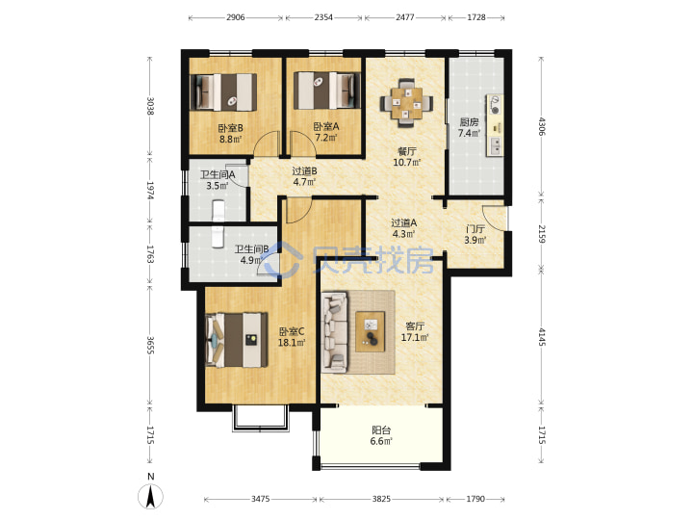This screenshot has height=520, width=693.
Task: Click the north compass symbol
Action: (151, 496)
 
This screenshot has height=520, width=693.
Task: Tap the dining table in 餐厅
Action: (407, 103)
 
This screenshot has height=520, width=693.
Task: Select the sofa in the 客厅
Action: (335, 331)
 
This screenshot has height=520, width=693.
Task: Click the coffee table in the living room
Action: (371, 331)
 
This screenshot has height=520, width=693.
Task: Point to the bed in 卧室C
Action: (237, 340)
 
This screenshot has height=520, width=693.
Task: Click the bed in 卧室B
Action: (223, 92)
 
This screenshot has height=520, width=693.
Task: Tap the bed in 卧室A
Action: (327, 91)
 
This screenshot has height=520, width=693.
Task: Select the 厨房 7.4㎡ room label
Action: (469, 127)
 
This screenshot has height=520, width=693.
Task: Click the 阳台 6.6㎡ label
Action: (381, 435)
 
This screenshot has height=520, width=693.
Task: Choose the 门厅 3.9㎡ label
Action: (475, 235)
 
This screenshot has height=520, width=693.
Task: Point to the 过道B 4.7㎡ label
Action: (304, 176)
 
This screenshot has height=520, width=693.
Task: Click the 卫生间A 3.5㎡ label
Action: (218, 180)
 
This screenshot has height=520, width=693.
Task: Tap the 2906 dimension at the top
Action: (236, 17)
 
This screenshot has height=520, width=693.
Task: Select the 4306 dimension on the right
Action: (542, 126)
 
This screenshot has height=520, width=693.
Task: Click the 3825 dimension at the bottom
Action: (381, 499)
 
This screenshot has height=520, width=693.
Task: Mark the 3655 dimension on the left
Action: (150, 346)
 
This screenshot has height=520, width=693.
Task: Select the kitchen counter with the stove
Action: (495, 124)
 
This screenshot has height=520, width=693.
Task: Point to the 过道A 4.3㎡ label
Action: (404, 228)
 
